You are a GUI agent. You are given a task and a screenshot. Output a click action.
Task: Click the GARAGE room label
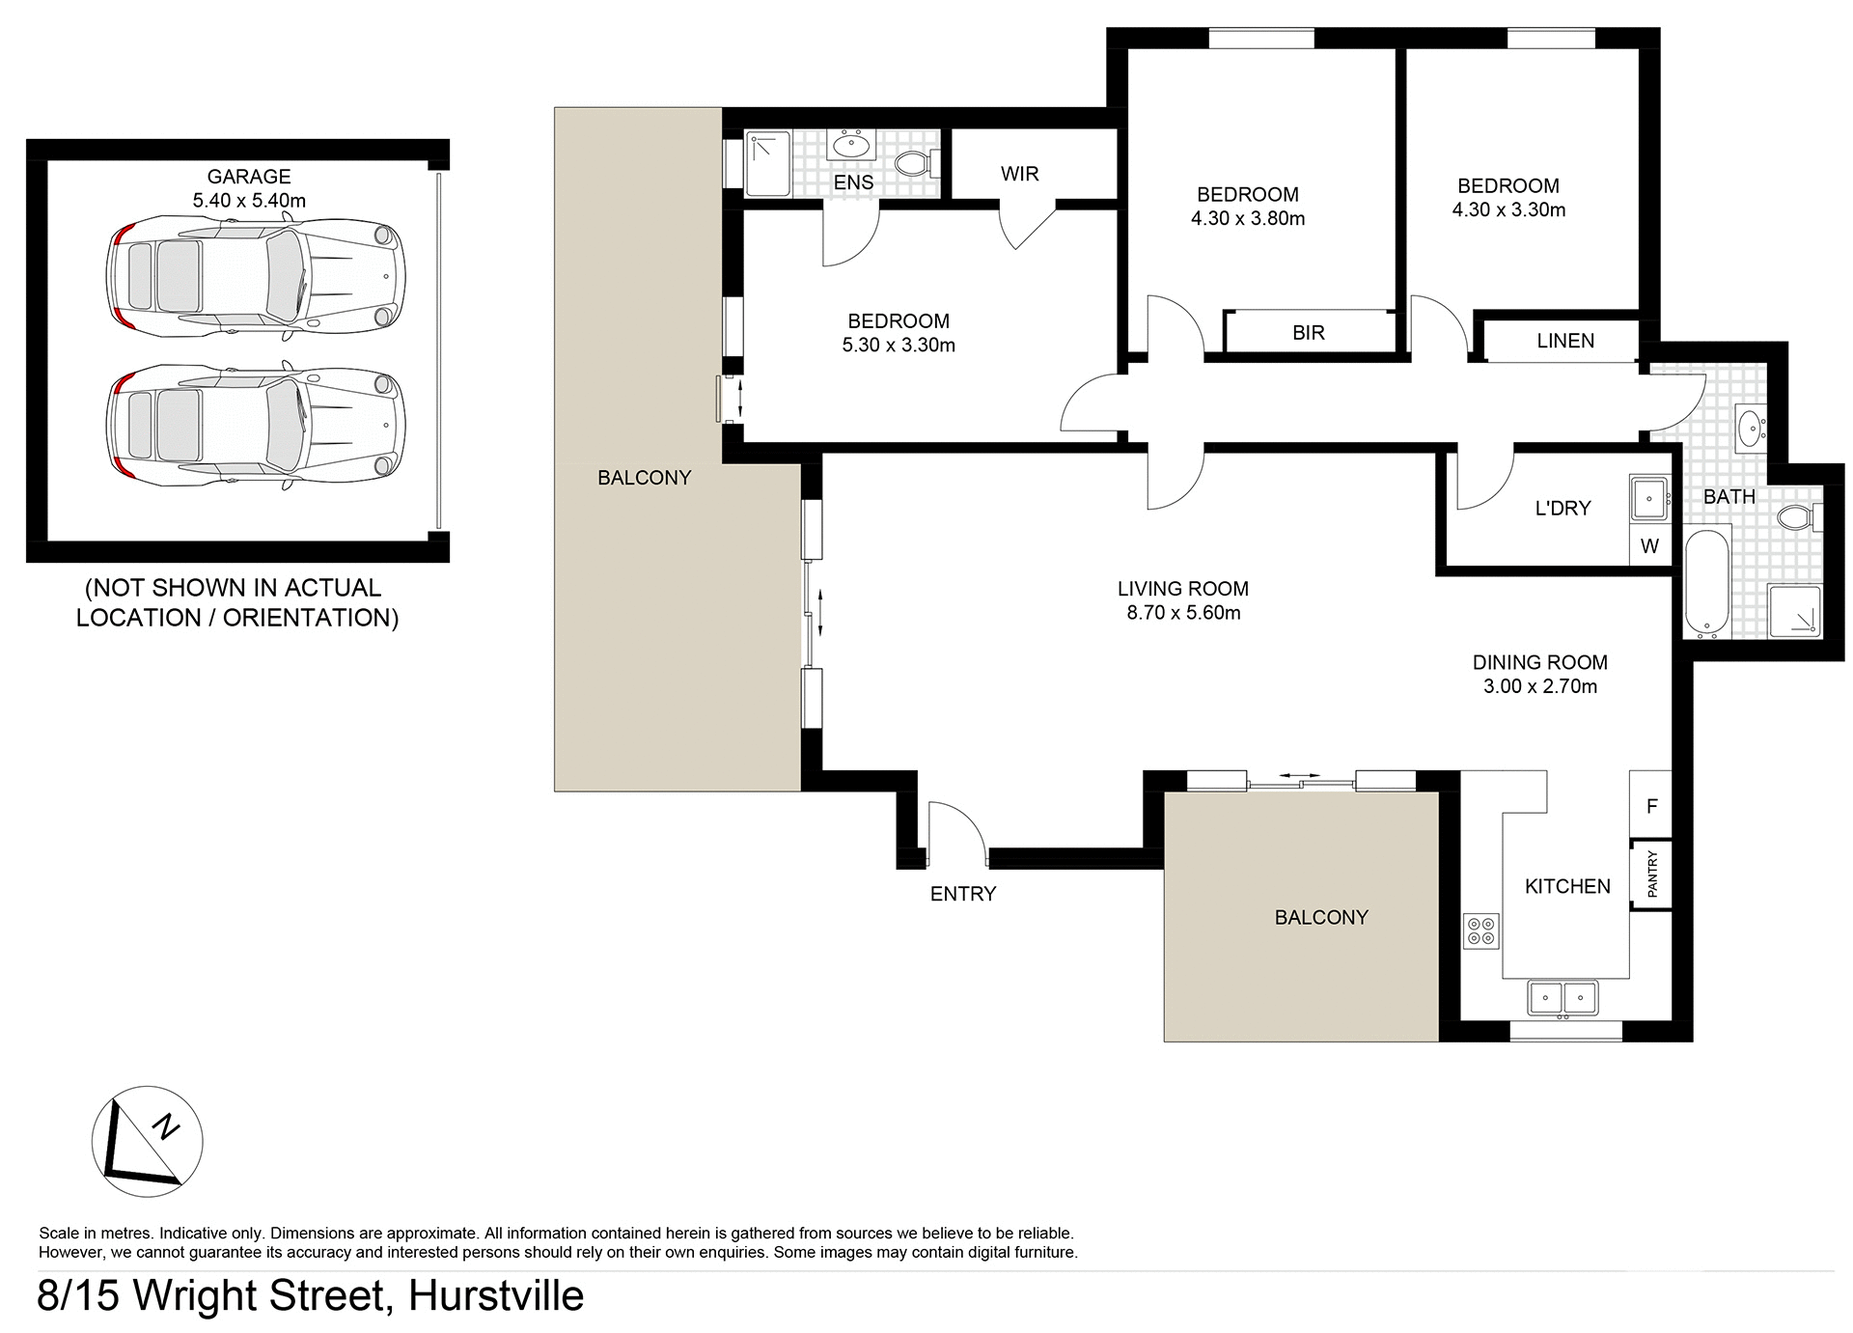pyautogui.click(x=249, y=177)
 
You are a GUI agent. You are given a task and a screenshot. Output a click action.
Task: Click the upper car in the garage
pyautogui.click(x=255, y=277)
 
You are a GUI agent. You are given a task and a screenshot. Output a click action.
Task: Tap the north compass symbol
pyautogui.click(x=147, y=1142)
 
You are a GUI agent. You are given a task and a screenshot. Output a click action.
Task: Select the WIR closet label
pyautogui.click(x=1019, y=174)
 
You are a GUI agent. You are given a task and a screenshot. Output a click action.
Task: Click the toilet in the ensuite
pyautogui.click(x=915, y=163)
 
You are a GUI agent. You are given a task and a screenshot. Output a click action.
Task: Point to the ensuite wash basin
pyautogui.click(x=852, y=146)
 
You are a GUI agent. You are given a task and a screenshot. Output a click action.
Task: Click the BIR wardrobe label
pyautogui.click(x=1308, y=333)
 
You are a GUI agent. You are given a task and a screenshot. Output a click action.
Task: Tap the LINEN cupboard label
pyautogui.click(x=1564, y=341)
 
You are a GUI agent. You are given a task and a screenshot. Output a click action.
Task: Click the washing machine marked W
pyautogui.click(x=1649, y=546)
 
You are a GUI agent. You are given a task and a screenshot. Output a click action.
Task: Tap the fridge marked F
pyautogui.click(x=1651, y=806)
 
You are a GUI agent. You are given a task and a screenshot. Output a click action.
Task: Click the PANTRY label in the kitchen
pyautogui.click(x=1651, y=874)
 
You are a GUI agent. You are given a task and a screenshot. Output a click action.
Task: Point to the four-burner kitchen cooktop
pyautogui.click(x=1481, y=930)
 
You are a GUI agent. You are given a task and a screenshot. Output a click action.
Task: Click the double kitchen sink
pyautogui.click(x=1563, y=998)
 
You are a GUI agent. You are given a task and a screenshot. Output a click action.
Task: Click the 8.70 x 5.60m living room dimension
pyautogui.click(x=1183, y=613)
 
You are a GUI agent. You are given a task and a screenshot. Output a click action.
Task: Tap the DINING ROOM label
pyautogui.click(x=1539, y=662)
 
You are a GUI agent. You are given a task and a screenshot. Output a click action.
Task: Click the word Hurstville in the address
pyautogui.click(x=496, y=1295)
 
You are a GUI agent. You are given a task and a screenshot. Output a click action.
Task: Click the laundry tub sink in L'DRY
pyautogui.click(x=1648, y=499)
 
